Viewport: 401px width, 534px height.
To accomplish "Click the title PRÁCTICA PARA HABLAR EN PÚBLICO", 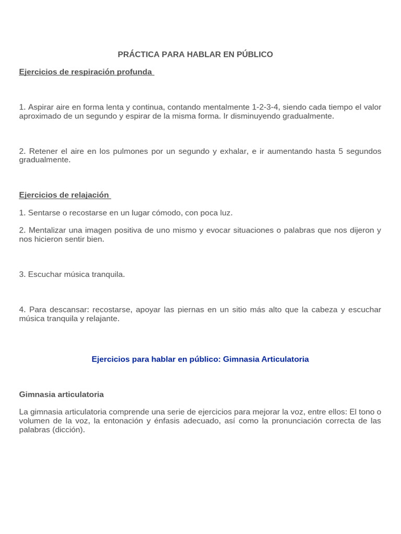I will (195, 54).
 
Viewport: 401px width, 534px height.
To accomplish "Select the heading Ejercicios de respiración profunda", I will (86, 71).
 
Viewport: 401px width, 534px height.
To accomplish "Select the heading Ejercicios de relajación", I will (64, 195).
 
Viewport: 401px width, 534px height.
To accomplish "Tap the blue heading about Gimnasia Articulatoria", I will (200, 359).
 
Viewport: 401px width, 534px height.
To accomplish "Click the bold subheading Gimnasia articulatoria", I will (62, 394).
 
